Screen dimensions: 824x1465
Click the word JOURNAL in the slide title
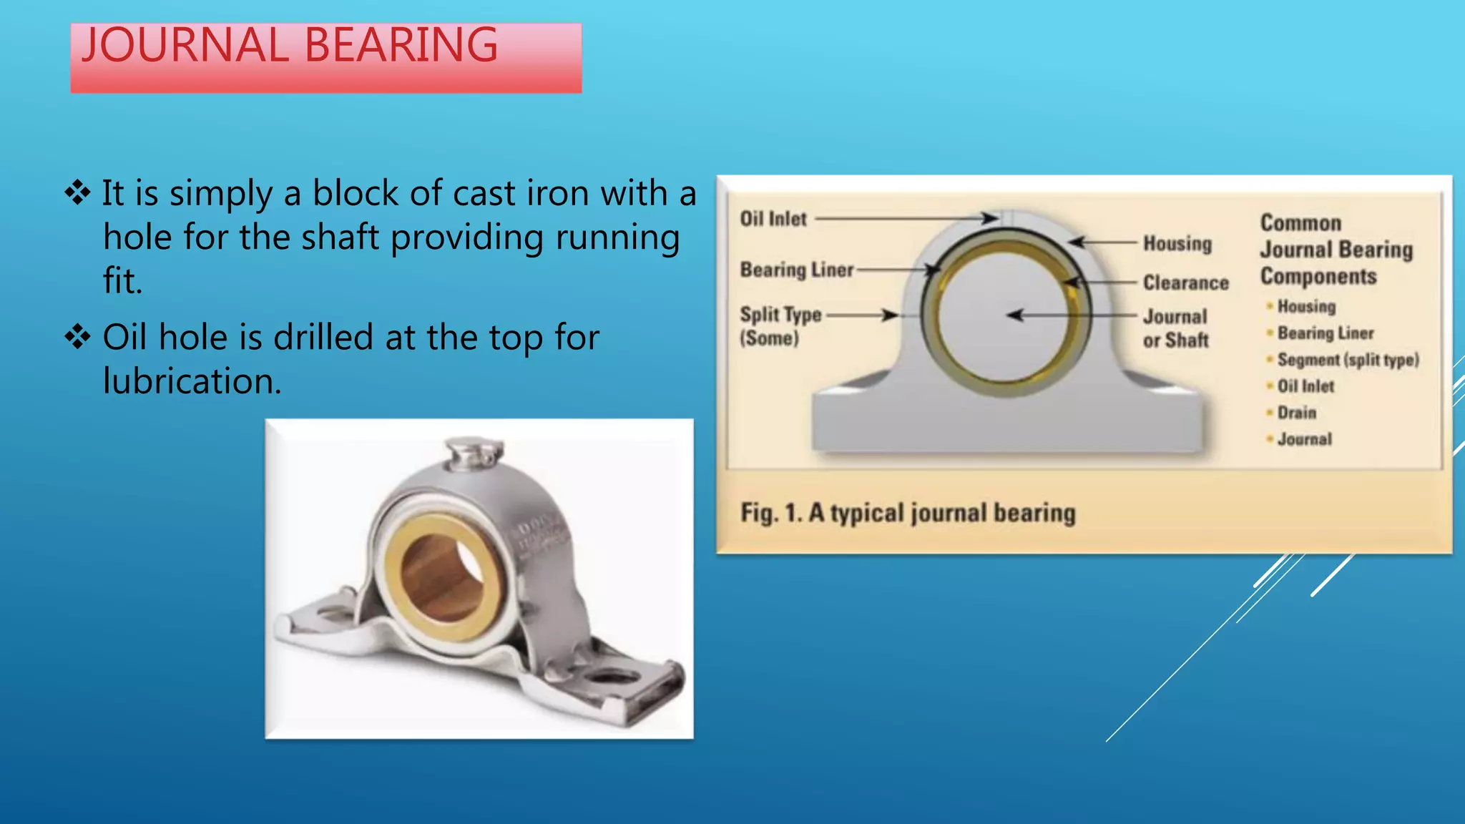[x=184, y=46]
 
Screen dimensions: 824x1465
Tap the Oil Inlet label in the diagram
[x=773, y=219]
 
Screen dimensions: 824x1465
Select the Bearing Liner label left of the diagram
[x=796, y=270]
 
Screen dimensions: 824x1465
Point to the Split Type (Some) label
[x=780, y=325]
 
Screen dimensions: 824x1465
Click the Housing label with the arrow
[x=1177, y=244]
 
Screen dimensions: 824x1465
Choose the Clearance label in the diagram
[x=1185, y=283]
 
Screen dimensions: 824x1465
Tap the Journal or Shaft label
[x=1175, y=328]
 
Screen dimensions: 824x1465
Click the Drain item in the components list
[x=1296, y=413]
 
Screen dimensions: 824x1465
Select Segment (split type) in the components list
[x=1348, y=360]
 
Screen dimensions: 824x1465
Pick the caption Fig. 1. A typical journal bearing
[x=907, y=513]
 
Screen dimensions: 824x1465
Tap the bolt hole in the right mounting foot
[x=612, y=676]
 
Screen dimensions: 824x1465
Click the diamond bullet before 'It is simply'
[x=77, y=192]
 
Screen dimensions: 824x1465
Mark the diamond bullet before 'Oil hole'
[x=77, y=336]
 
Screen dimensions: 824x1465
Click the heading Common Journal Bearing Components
[x=1335, y=250]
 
